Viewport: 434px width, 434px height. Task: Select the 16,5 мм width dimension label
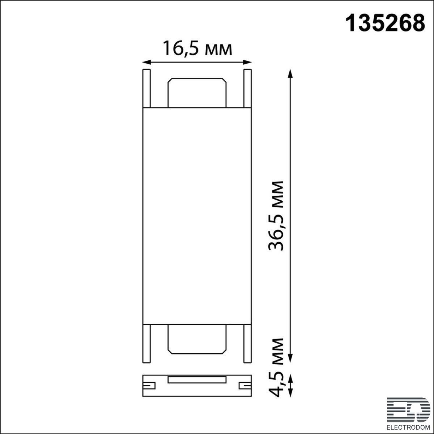click(197, 48)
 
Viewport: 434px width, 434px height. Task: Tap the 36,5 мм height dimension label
click(276, 216)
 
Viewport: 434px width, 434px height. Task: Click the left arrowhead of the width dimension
click(146, 62)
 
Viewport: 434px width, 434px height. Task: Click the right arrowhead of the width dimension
click(247, 62)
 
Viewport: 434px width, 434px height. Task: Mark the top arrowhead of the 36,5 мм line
click(290, 74)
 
